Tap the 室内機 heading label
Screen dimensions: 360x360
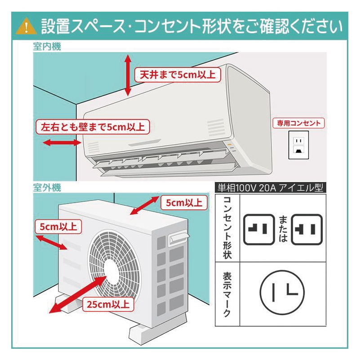(x=47, y=47)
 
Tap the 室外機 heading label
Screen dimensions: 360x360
(x=47, y=187)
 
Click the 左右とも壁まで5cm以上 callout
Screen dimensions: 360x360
(x=93, y=127)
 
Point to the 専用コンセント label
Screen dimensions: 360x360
(x=299, y=123)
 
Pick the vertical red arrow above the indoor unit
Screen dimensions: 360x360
(x=128, y=75)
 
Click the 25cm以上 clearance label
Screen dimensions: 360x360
(x=108, y=304)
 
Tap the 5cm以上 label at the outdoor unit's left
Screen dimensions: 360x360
(x=58, y=226)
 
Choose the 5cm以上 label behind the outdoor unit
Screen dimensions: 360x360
(x=184, y=203)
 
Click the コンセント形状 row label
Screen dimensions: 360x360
(x=227, y=227)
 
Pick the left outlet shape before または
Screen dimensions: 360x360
(x=259, y=229)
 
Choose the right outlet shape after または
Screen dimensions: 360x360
(x=307, y=229)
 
